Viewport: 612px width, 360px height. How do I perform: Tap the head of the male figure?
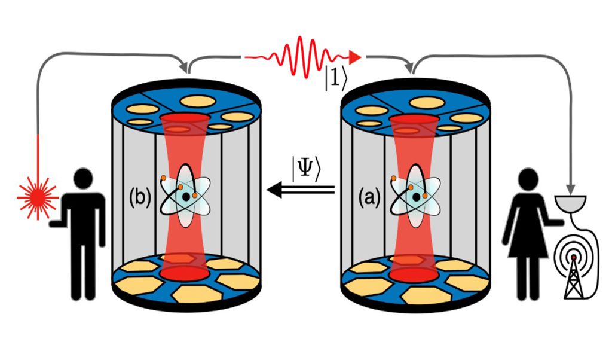[x=82, y=179]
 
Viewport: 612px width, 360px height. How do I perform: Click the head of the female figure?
[x=530, y=178]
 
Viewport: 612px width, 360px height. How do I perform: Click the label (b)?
[x=140, y=197]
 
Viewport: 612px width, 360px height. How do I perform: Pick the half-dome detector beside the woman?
[x=573, y=203]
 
